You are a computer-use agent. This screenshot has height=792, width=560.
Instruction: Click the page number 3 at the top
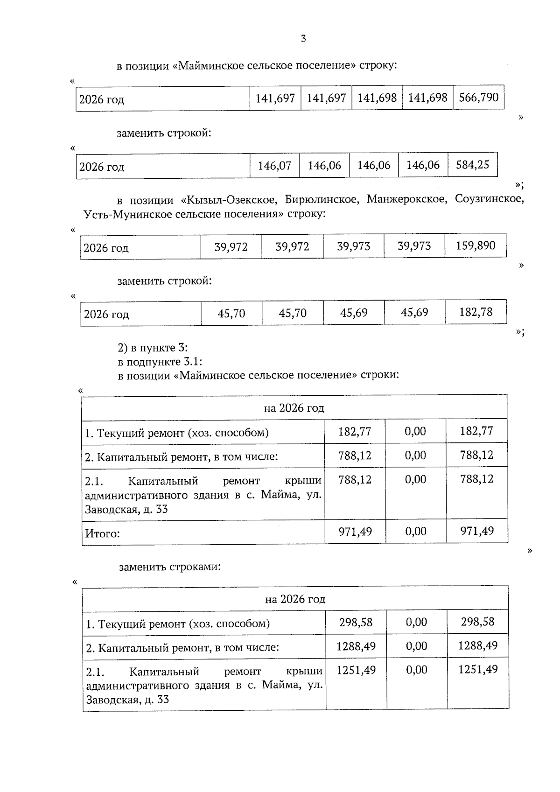(x=303, y=39)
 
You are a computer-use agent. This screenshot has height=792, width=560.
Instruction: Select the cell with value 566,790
(x=478, y=98)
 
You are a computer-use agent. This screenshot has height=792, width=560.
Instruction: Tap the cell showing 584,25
(x=472, y=165)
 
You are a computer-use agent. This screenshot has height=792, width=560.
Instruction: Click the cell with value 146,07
(x=274, y=165)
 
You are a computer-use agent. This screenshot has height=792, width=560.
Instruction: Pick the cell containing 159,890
(x=475, y=245)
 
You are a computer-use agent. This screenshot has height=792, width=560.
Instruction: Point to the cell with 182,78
(x=476, y=312)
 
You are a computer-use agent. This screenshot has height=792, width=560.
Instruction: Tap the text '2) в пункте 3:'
(x=153, y=348)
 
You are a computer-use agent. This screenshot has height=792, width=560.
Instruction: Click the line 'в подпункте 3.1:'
(x=160, y=362)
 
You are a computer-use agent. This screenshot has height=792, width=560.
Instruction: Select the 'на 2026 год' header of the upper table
(x=294, y=408)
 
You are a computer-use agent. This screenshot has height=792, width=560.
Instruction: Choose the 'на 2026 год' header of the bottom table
(x=295, y=599)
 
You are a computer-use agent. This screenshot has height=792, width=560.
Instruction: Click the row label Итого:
(x=102, y=533)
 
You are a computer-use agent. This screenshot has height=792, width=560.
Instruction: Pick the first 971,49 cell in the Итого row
(x=355, y=531)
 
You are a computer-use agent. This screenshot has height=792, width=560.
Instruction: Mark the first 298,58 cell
(x=356, y=622)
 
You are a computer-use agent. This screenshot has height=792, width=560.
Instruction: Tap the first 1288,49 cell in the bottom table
(x=356, y=646)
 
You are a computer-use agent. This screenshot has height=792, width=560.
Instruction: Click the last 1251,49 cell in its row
(x=478, y=670)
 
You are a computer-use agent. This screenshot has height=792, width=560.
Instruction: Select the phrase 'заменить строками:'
(x=169, y=567)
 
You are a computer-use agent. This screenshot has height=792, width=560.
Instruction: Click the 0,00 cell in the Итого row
(x=415, y=531)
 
